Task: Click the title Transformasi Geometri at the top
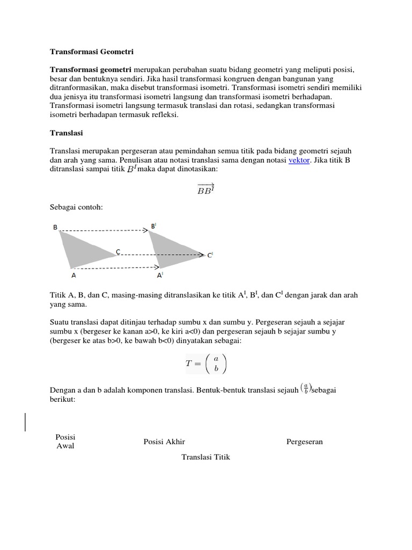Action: coord(91,52)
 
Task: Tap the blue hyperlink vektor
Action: coord(299,161)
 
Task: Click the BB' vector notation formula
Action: coord(206,189)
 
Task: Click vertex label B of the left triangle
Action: coord(55,227)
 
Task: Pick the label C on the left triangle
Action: coord(117,251)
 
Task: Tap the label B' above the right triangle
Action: coord(153,227)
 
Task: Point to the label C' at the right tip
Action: coord(210,256)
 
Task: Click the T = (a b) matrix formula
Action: coord(206,364)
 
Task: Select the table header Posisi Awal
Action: coord(65,442)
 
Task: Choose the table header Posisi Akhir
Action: coord(164,442)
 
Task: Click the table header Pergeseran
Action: coord(305,442)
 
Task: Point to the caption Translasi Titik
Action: coord(206,457)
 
